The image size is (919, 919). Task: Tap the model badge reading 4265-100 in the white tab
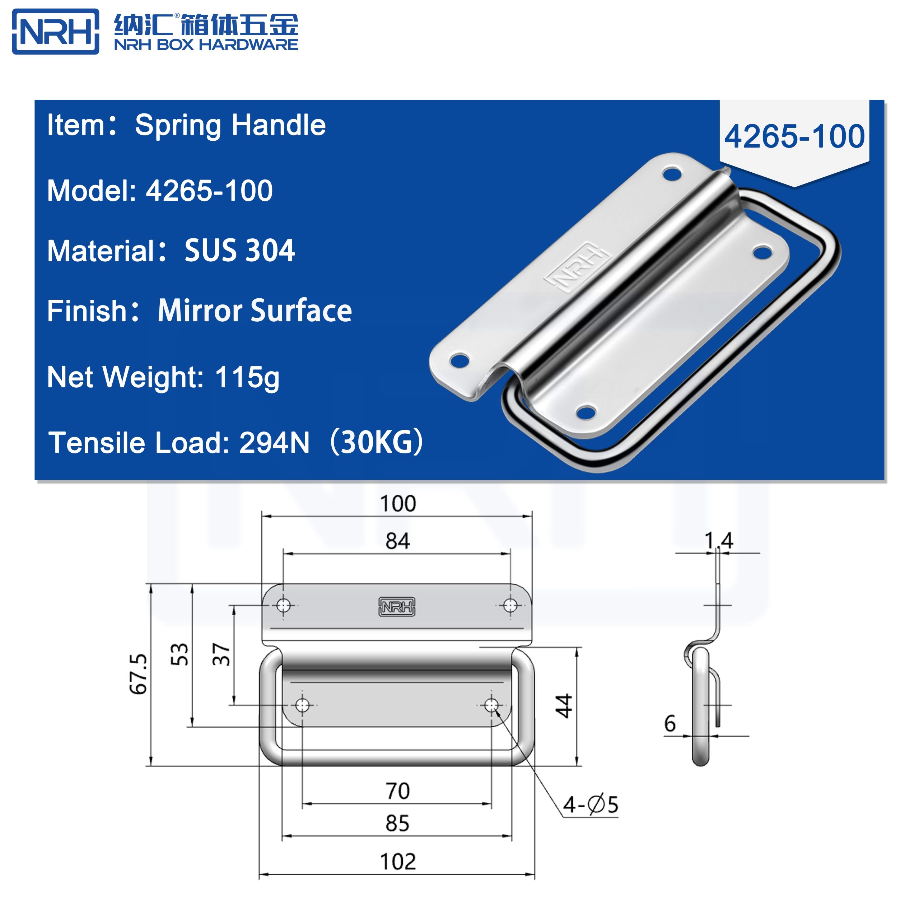coord(794,136)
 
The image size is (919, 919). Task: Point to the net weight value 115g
coord(247,377)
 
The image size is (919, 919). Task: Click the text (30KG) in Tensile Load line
coord(376,442)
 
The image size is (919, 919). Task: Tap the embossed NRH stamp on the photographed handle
coord(576,266)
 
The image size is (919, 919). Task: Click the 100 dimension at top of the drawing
coord(398,504)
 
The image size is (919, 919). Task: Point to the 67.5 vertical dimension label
coord(139,674)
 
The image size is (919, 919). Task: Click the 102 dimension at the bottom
coord(398,862)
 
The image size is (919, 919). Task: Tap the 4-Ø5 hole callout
coord(590,805)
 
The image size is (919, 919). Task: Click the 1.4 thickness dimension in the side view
coord(718,541)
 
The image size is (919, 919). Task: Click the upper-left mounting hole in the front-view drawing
coord(284,606)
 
